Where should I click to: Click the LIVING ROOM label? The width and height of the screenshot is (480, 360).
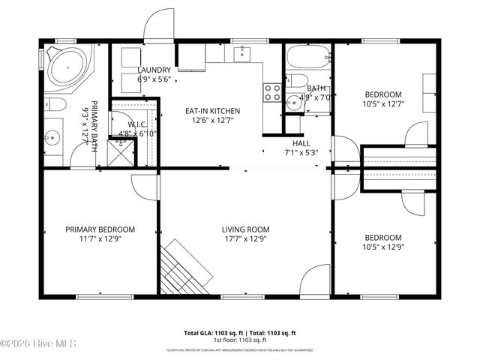[x=245, y=229]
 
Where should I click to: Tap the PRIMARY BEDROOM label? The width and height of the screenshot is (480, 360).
[x=100, y=229]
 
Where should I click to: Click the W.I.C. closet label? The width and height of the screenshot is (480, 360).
[x=136, y=125]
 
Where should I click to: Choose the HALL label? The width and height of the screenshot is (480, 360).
[x=301, y=142]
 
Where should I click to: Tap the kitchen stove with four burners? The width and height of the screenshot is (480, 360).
[x=272, y=92]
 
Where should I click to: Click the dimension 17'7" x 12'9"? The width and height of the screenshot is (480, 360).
[x=245, y=239]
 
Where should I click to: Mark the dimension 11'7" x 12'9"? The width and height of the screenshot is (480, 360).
[x=100, y=239]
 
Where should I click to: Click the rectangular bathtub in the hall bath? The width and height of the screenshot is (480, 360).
[x=307, y=57]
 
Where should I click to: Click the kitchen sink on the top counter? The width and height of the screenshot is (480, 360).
[x=242, y=52]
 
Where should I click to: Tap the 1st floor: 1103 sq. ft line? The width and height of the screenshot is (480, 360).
[x=240, y=340]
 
